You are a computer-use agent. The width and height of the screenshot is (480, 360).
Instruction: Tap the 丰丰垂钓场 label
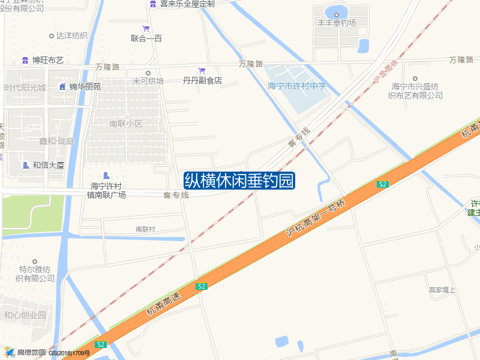(x=337, y=23)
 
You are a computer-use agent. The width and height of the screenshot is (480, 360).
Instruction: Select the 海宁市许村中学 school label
(x=297, y=86)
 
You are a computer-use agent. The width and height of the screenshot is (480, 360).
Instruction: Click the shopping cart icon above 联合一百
(x=146, y=28)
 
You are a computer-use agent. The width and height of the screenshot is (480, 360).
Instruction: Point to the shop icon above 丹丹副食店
(x=202, y=70)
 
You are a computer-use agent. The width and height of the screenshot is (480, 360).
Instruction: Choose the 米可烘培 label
(x=148, y=80)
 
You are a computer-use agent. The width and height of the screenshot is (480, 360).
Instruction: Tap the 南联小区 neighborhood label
(x=126, y=124)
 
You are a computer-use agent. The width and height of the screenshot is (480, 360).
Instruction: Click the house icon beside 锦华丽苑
(x=62, y=86)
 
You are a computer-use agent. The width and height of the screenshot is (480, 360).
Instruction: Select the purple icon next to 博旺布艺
(x=25, y=60)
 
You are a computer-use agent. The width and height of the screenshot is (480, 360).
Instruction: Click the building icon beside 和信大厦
(x=25, y=165)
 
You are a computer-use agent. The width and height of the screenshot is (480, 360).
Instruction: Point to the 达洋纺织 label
(x=72, y=35)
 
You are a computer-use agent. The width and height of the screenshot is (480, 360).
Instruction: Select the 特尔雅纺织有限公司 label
(x=35, y=274)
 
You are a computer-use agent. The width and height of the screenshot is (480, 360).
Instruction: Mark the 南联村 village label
(x=145, y=229)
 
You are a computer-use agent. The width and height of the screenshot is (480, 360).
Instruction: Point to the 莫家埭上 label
(x=442, y=290)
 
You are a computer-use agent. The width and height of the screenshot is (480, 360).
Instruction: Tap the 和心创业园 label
(x=25, y=315)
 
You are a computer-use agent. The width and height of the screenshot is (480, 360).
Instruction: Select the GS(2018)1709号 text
(x=69, y=353)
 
